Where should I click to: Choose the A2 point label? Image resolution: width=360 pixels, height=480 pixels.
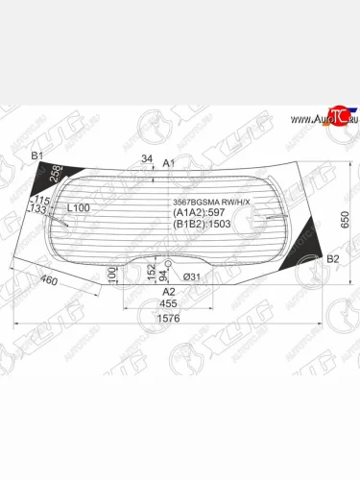(x=167, y=292)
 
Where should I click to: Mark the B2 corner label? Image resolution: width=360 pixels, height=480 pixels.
(x=333, y=260)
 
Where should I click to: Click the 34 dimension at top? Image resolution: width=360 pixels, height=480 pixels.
(x=146, y=158)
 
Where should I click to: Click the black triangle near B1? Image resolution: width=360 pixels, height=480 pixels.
(x=45, y=180)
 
